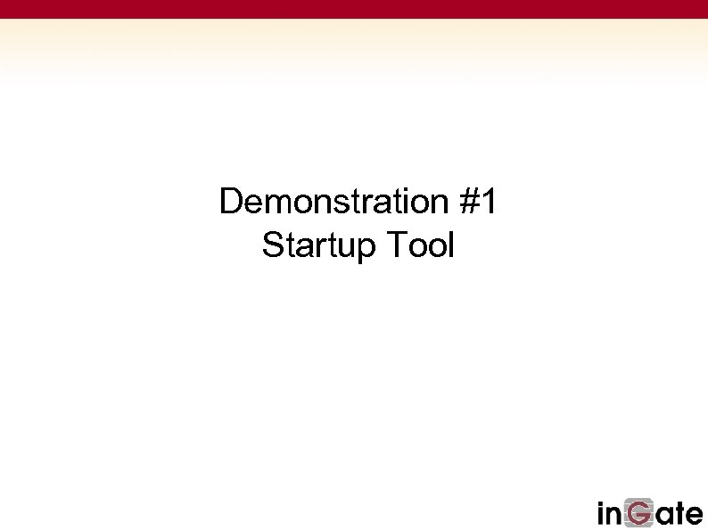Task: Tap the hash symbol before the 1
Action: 471,203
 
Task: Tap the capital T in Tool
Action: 397,245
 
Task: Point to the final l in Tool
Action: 450,245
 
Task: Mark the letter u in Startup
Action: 344,247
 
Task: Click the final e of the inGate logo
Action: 694,515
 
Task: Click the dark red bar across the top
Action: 354,9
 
